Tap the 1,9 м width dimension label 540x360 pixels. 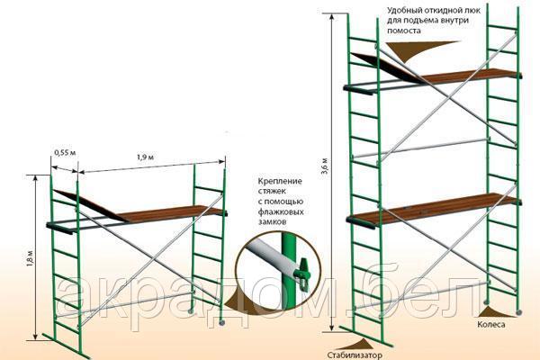pos(142,159)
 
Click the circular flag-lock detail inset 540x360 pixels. pos(276,265)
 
